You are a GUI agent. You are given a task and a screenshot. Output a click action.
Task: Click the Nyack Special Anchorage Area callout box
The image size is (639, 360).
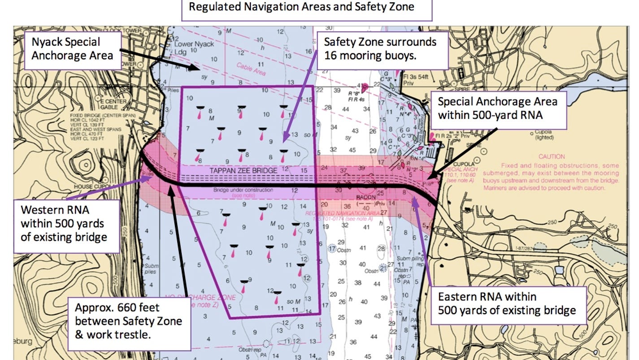[72, 49]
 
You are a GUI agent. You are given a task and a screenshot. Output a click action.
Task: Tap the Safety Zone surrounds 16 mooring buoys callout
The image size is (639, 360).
[383, 49]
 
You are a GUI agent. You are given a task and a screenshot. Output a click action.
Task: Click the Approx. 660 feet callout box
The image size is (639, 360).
[129, 321]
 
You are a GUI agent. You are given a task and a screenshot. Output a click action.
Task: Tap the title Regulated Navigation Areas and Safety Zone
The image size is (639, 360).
[301, 7]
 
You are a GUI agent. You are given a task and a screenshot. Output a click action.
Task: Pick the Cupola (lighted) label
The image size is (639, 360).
[544, 135]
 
